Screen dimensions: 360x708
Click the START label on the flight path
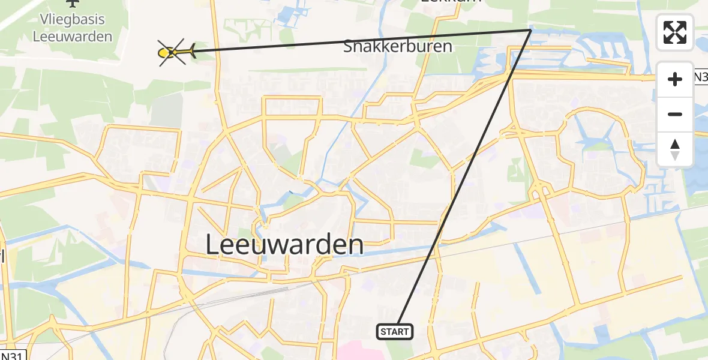394,331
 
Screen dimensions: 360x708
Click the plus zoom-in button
675,79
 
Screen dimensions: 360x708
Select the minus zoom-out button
675,114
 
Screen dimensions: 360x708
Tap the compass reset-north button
675,149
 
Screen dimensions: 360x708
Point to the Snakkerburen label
397,46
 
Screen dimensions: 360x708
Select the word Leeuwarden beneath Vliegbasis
73,37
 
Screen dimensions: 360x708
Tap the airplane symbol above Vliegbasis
73,4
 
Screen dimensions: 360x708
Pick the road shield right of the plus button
700,77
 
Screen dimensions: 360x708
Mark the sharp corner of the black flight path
530,29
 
